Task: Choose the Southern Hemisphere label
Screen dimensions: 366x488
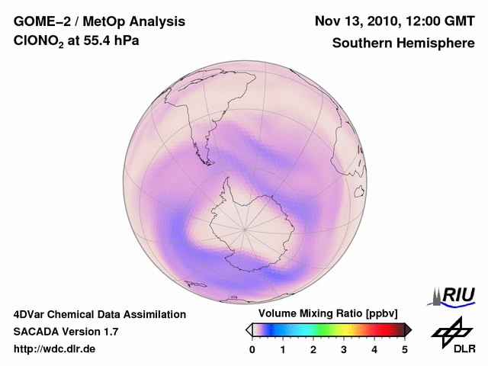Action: coord(403,43)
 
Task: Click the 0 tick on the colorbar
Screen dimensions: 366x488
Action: coord(252,349)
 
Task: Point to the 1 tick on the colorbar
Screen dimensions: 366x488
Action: coord(283,349)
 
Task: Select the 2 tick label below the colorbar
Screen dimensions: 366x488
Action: coord(313,349)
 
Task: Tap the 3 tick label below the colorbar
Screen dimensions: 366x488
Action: coord(344,349)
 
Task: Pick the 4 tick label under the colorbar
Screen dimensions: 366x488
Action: coord(374,349)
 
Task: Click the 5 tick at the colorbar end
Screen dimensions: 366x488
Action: coord(405,349)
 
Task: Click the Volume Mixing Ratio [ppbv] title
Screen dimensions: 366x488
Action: coord(325,314)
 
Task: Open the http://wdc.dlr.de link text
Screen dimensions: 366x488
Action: coord(55,349)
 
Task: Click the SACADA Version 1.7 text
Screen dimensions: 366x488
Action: coord(66,332)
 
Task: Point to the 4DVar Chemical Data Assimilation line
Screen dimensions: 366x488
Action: coord(99,314)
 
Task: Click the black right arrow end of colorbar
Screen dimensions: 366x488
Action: coord(408,329)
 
